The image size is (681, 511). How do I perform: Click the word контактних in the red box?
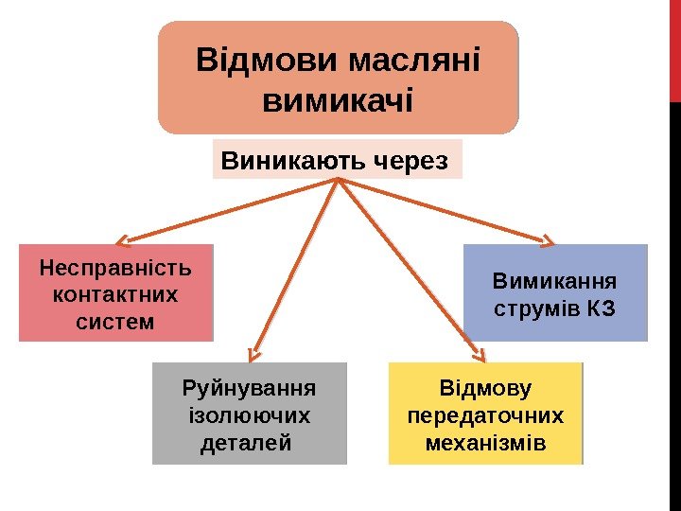pos(115,294)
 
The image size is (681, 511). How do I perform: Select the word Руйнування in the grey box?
pos(249,389)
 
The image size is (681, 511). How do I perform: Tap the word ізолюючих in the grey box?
pos(249,415)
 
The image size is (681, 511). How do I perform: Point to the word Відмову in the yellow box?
pos(485,389)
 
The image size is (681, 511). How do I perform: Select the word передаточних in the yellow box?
pos(485,415)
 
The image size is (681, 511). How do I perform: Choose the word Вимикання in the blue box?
pos(555,281)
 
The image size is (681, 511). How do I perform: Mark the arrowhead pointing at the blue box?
pos(548,239)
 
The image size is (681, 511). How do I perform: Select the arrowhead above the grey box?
pos(253,355)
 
